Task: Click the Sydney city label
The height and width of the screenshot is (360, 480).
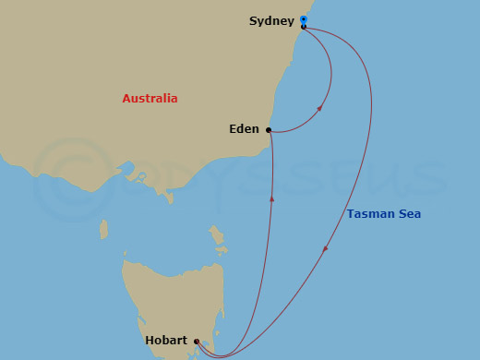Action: pyautogui.click(x=271, y=21)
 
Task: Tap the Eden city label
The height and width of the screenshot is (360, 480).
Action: pyautogui.click(x=244, y=130)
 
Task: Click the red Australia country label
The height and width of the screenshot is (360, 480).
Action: pyautogui.click(x=150, y=99)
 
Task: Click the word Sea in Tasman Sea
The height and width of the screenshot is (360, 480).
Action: pyautogui.click(x=410, y=214)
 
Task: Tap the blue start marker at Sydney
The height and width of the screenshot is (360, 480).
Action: pyautogui.click(x=304, y=19)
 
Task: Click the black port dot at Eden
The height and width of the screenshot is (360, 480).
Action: pyautogui.click(x=269, y=130)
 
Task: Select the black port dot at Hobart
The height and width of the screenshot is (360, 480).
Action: pyautogui.click(x=196, y=342)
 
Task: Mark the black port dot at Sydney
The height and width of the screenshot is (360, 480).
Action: pyautogui.click(x=304, y=27)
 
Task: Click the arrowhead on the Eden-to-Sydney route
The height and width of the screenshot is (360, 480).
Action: pyautogui.click(x=320, y=108)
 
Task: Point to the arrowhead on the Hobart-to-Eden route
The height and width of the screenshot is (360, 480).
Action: pyautogui.click(x=271, y=197)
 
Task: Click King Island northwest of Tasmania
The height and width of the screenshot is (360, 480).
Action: pyautogui.click(x=103, y=228)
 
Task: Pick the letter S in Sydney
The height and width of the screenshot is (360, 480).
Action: pyautogui.click(x=253, y=20)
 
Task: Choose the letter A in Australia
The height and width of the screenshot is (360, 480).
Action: pyautogui.click(x=126, y=99)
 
